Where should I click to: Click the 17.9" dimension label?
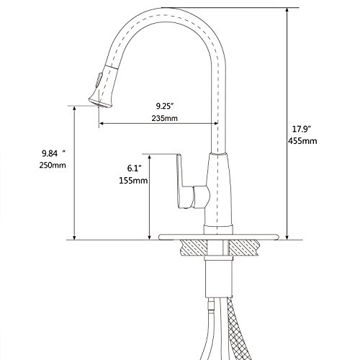[x=302, y=129]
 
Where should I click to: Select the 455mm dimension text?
[x=302, y=140]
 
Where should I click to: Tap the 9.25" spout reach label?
[x=165, y=106]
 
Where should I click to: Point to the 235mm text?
[x=165, y=118]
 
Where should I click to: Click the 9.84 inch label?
[x=54, y=153]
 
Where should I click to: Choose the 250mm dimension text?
[x=53, y=165]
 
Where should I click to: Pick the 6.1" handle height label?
[x=134, y=168]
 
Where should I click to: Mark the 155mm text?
[x=133, y=180]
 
